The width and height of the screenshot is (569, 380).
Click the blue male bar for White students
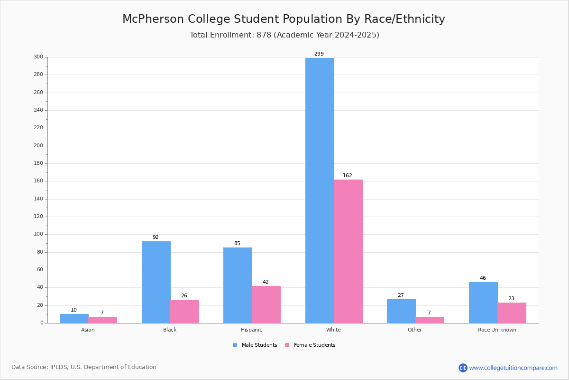pos(320,190)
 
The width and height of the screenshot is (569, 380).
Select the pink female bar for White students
pos(348,251)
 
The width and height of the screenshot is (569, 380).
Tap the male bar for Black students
pos(156,282)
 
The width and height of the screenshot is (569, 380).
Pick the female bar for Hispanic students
pos(266,304)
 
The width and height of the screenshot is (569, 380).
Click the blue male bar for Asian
pos(74,318)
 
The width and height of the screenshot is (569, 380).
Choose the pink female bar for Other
pos(430,320)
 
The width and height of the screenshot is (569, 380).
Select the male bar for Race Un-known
pos(483,303)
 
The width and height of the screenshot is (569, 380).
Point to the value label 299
pos(319,54)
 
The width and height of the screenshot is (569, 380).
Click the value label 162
pos(348,175)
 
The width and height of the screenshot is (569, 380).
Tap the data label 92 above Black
pos(156,237)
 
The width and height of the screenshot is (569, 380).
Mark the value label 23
pos(511,298)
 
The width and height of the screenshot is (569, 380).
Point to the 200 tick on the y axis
pos(38,145)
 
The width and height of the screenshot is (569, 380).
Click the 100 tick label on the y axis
pos(38,234)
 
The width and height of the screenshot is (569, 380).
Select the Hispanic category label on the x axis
pos(251,330)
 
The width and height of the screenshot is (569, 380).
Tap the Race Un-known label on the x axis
pos(497,330)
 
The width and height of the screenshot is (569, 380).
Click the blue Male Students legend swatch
pos(235,345)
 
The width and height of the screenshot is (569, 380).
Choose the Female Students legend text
pos(314,345)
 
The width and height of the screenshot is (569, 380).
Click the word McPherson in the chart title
pos(153,19)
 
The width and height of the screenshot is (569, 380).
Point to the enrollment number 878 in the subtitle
pos(264,35)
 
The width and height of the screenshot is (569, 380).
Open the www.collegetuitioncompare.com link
pos(513,368)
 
